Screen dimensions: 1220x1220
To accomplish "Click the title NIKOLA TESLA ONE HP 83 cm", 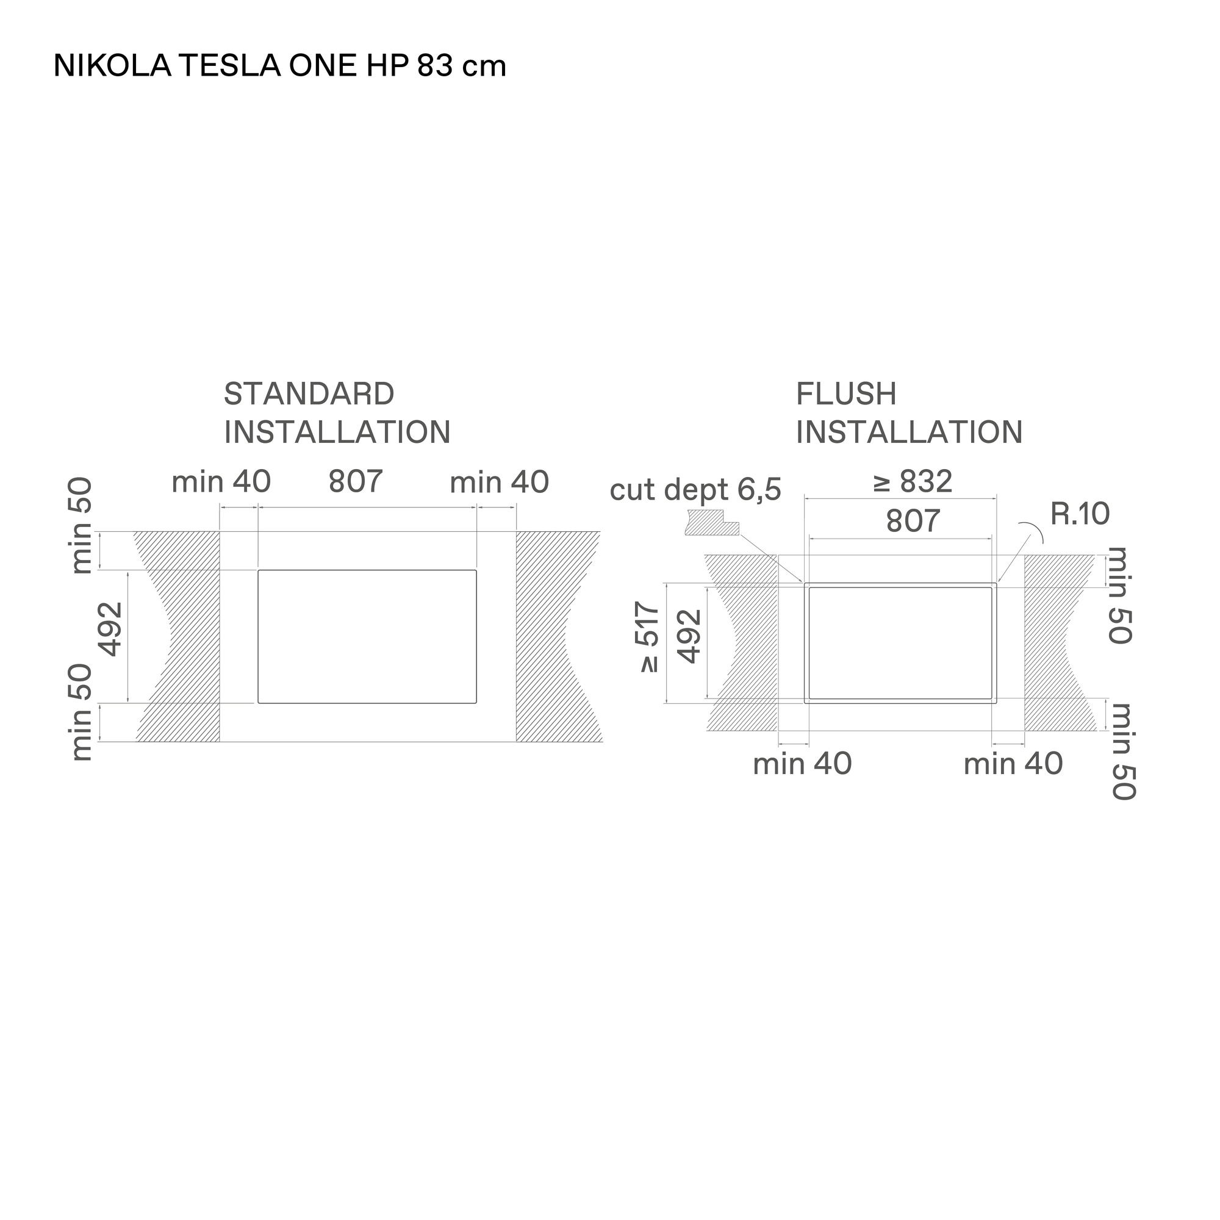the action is pyautogui.click(x=280, y=66).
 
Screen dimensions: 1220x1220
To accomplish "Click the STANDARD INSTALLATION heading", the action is pyautogui.click(x=337, y=414).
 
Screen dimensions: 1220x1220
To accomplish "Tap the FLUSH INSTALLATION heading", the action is pyautogui.click(x=909, y=414).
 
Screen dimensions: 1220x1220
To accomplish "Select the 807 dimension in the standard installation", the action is pyautogui.click(x=356, y=481).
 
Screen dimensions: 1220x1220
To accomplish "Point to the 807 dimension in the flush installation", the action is pyautogui.click(x=913, y=521).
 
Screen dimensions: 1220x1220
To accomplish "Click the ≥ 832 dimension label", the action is pyautogui.click(x=913, y=482).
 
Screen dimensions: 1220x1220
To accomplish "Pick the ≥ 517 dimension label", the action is pyautogui.click(x=650, y=637).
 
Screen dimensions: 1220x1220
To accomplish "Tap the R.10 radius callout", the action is pyautogui.click(x=1080, y=514).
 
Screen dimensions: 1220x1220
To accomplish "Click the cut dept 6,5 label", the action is pyautogui.click(x=695, y=489).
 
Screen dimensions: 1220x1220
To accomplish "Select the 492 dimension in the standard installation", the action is pyautogui.click(x=110, y=629).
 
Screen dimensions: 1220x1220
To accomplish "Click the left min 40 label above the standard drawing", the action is pyautogui.click(x=221, y=482).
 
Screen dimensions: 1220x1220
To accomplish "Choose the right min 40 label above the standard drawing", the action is pyautogui.click(x=500, y=483).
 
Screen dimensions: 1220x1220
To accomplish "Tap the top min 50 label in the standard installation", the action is pyautogui.click(x=82, y=526).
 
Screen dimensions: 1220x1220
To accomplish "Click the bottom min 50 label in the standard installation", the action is pyautogui.click(x=82, y=712).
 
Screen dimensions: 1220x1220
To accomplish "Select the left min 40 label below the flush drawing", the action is pyautogui.click(x=803, y=764).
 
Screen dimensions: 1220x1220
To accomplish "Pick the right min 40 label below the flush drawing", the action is pyautogui.click(x=1013, y=764).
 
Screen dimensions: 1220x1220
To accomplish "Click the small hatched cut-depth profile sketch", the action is pyautogui.click(x=712, y=523).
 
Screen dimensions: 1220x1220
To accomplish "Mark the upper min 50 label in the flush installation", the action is pyautogui.click(x=1120, y=595).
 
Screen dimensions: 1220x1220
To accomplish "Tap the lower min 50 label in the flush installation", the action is pyautogui.click(x=1124, y=752).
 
